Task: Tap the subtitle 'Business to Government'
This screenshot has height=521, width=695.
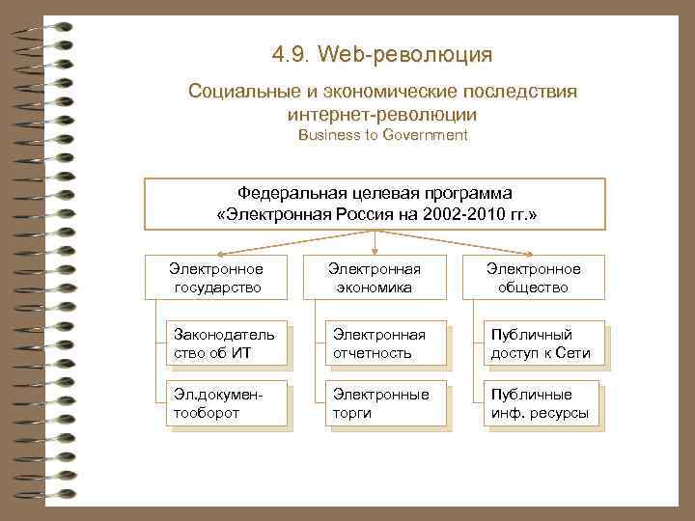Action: (x=383, y=135)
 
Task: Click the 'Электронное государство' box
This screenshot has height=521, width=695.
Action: (x=215, y=277)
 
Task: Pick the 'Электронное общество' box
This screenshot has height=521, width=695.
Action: (x=533, y=277)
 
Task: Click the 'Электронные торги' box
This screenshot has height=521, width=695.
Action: (x=383, y=403)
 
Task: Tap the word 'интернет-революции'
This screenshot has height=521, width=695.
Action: (x=383, y=114)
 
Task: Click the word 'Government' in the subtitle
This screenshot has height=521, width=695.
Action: (x=426, y=135)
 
